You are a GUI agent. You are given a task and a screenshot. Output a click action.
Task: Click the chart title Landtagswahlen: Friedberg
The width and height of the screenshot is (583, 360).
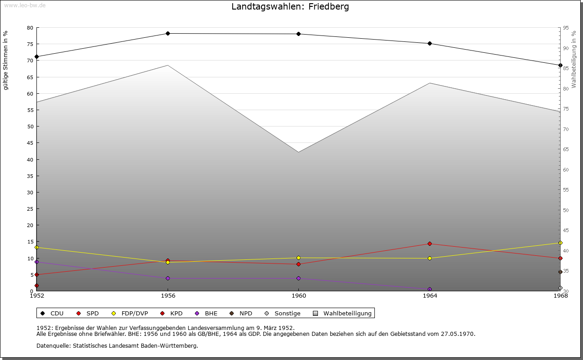tap(290, 7)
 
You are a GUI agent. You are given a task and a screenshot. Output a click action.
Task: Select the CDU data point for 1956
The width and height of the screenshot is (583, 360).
tap(168, 33)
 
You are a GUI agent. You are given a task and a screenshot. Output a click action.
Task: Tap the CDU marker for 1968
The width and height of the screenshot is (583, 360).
tap(560, 65)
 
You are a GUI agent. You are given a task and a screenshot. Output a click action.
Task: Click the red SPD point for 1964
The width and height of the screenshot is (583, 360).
tap(430, 244)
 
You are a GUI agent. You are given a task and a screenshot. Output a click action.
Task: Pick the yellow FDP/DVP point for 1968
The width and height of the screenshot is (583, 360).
tap(560, 243)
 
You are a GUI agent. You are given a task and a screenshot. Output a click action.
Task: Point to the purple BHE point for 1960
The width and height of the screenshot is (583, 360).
tap(298, 278)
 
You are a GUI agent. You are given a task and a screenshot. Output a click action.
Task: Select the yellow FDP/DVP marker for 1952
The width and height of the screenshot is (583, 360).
tap(37, 247)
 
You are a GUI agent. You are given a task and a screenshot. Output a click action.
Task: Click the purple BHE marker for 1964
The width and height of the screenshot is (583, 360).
tap(430, 289)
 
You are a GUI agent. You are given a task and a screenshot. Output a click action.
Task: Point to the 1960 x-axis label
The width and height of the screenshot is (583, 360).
tap(298, 296)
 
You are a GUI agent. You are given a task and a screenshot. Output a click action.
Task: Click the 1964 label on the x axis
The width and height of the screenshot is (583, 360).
tap(430, 296)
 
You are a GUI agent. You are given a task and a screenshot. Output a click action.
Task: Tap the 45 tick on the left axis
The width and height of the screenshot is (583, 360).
tap(30, 143)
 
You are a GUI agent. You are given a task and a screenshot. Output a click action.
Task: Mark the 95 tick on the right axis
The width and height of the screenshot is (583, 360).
tap(566, 28)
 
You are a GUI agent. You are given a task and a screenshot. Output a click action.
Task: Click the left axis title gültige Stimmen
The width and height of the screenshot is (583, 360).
tap(6, 60)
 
